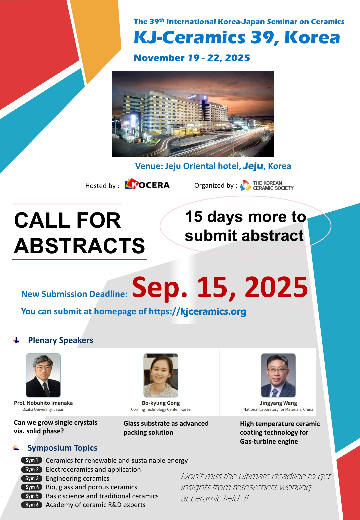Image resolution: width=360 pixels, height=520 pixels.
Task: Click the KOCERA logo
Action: [x=147, y=185]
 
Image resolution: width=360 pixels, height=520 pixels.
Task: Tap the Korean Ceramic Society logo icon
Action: [x=246, y=185]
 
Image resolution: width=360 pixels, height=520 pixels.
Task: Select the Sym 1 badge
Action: [x=32, y=460]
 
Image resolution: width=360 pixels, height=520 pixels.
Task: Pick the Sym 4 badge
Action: [x=32, y=487]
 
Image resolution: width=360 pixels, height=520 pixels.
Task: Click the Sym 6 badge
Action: [x=32, y=505]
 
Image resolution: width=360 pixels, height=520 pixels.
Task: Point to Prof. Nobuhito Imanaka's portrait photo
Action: [x=43, y=375]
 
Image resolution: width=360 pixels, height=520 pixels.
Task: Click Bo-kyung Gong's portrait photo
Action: [x=161, y=375]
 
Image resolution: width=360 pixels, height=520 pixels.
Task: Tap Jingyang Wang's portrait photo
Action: [x=278, y=375]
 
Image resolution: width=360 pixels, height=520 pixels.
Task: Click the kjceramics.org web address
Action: [x=198, y=312]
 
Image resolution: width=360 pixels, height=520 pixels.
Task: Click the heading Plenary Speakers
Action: [x=61, y=340]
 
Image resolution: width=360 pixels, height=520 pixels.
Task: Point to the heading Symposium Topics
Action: [x=62, y=448]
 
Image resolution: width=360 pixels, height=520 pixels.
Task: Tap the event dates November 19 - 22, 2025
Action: [x=192, y=58]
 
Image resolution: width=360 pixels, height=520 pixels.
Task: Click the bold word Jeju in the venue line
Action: [x=253, y=166]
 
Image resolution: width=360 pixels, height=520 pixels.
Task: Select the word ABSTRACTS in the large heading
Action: [x=79, y=246]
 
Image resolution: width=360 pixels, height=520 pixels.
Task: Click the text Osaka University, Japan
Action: [x=43, y=409]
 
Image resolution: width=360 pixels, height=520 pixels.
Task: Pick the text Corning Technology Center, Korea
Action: [x=161, y=409]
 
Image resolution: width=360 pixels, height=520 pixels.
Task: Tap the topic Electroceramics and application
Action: [x=93, y=469]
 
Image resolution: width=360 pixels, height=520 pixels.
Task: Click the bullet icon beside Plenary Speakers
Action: [x=16, y=340]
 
